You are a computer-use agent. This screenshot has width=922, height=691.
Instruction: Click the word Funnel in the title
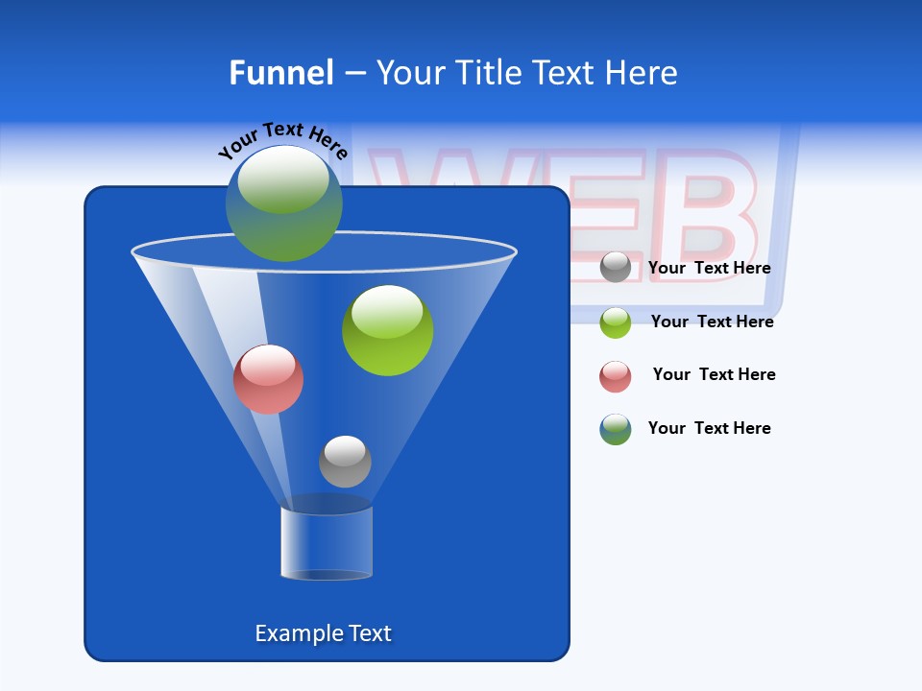(x=281, y=73)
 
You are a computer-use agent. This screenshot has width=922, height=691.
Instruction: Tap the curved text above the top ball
(x=282, y=138)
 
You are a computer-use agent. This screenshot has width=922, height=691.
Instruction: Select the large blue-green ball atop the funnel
(x=283, y=203)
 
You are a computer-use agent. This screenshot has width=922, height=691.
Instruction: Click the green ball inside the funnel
(x=387, y=330)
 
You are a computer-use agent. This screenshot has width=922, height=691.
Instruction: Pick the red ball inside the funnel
(x=268, y=379)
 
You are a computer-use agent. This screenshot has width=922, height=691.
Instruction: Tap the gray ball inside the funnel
(x=345, y=462)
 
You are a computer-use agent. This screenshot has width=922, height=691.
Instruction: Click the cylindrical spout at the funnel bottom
(x=327, y=542)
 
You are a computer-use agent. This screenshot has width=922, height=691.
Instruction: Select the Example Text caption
(x=324, y=633)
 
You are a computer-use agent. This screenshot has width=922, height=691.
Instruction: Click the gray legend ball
(x=616, y=267)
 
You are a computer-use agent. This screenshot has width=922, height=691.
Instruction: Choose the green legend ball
(x=616, y=322)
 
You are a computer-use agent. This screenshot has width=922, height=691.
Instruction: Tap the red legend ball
(x=616, y=376)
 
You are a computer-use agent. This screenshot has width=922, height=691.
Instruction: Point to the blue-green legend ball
(x=616, y=429)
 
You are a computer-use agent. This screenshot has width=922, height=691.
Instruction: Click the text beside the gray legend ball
(x=709, y=269)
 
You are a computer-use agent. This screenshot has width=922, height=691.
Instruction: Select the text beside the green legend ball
(x=712, y=322)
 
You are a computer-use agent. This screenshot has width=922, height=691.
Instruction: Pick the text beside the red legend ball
(x=714, y=375)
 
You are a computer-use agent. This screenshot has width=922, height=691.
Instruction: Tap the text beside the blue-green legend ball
(x=709, y=429)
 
